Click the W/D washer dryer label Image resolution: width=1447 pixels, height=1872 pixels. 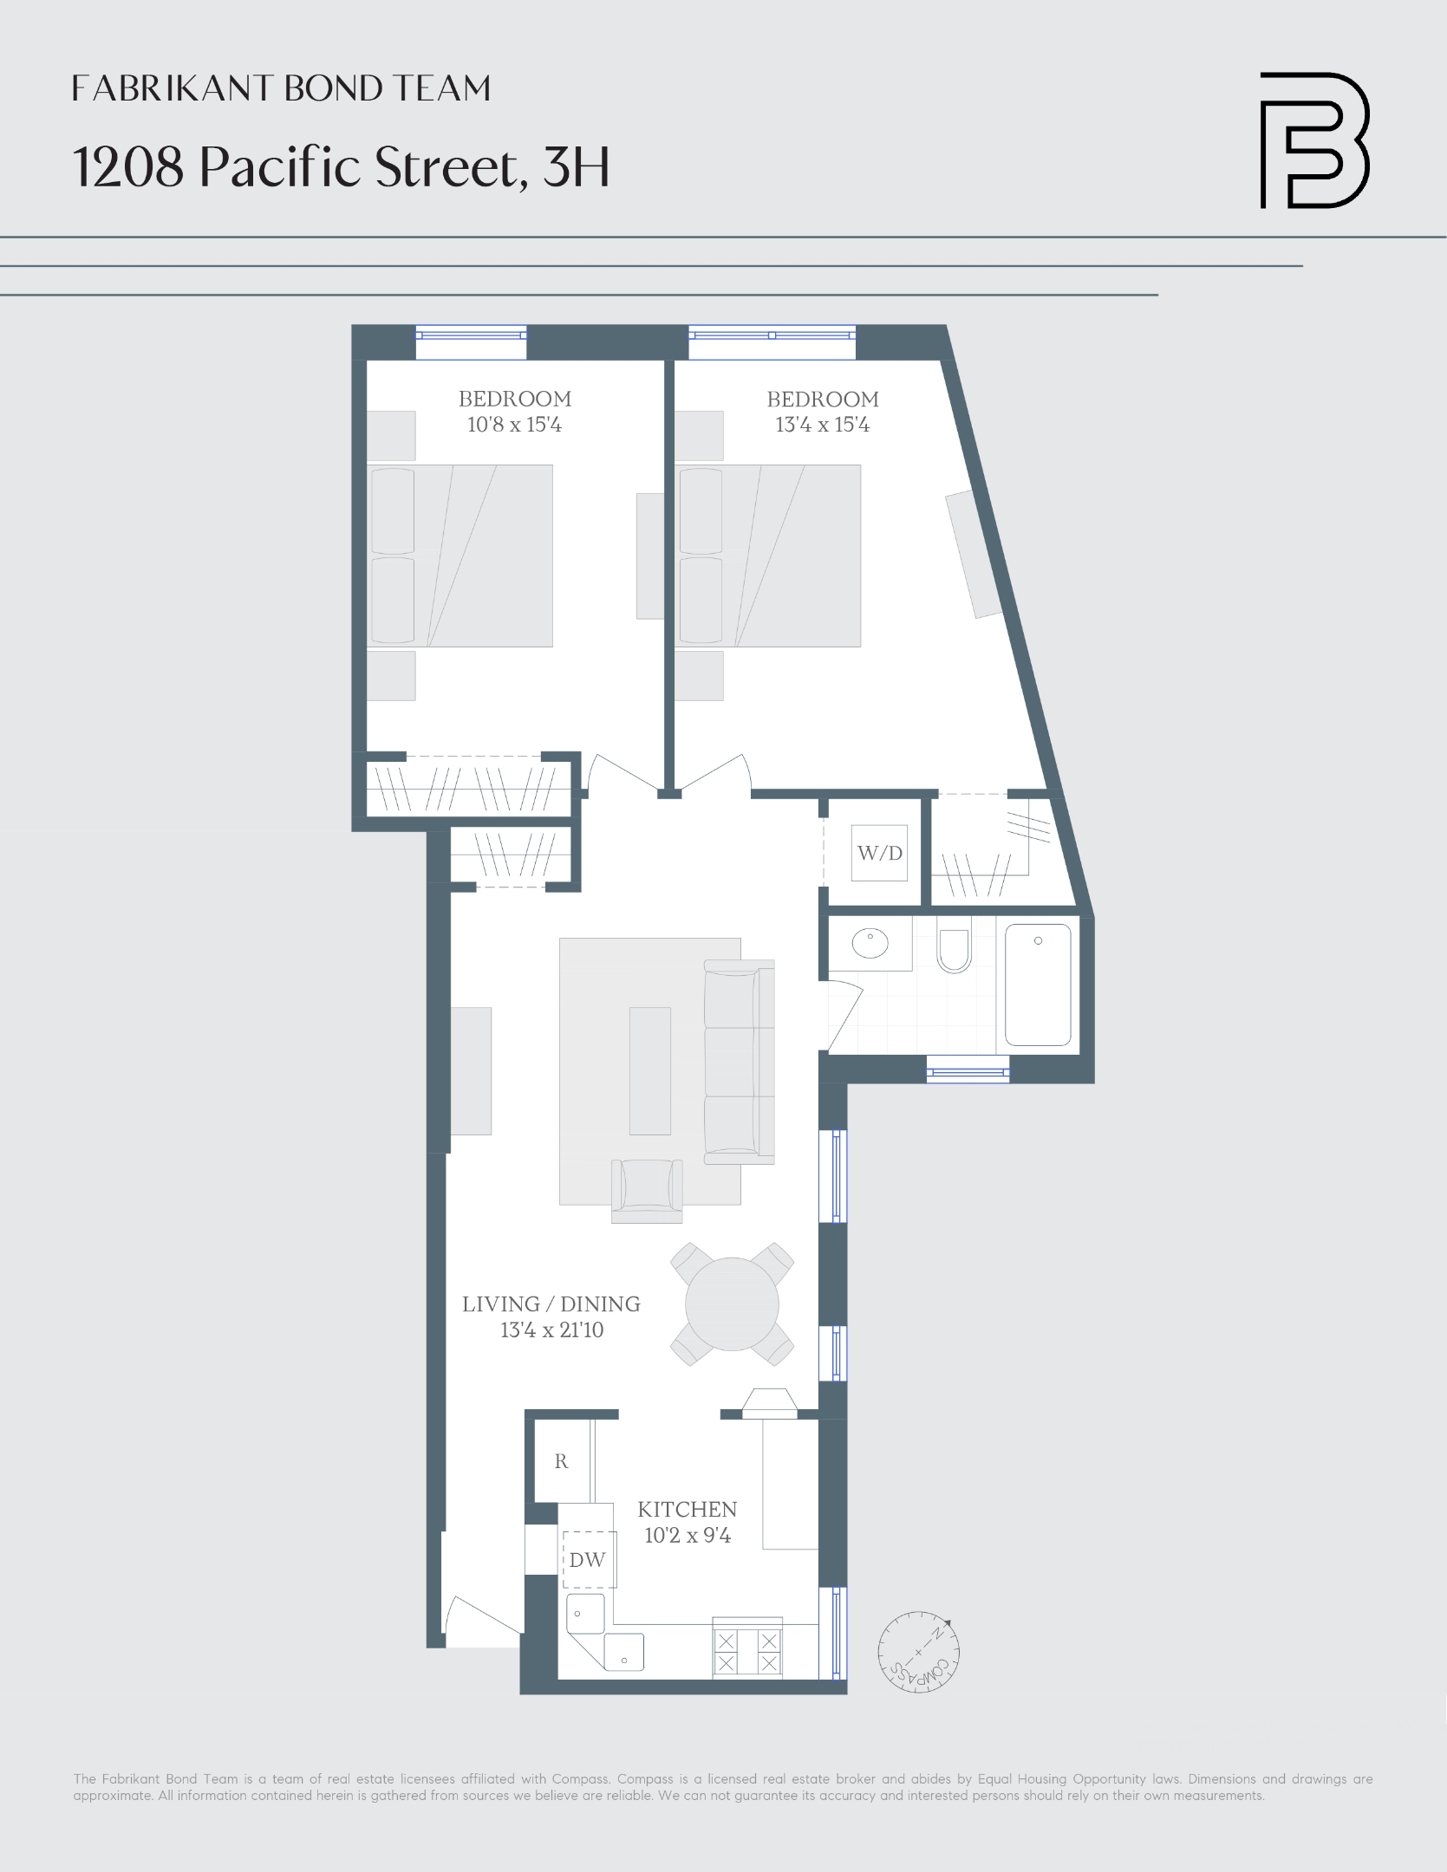[879, 853]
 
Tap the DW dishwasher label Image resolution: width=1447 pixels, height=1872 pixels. [587, 1560]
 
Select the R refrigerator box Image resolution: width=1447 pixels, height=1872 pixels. [562, 1461]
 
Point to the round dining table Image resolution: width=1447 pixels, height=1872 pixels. [732, 1304]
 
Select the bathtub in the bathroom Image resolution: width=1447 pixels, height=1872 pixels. [1038, 985]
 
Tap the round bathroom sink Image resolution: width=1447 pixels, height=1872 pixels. [869, 943]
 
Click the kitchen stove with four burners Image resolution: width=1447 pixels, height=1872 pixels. [746, 1651]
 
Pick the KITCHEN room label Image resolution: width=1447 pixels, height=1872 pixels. [687, 1509]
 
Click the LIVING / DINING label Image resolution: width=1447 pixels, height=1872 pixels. [551, 1303]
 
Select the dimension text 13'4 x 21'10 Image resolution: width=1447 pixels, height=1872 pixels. [551, 1329]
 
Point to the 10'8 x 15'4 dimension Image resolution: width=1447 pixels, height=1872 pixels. [514, 425]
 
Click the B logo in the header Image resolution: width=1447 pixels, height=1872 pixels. [1313, 140]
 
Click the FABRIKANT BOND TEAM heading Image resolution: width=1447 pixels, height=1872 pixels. [281, 88]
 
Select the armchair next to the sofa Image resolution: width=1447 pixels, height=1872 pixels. [647, 1189]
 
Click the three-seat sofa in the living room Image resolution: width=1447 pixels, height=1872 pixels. [739, 1061]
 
